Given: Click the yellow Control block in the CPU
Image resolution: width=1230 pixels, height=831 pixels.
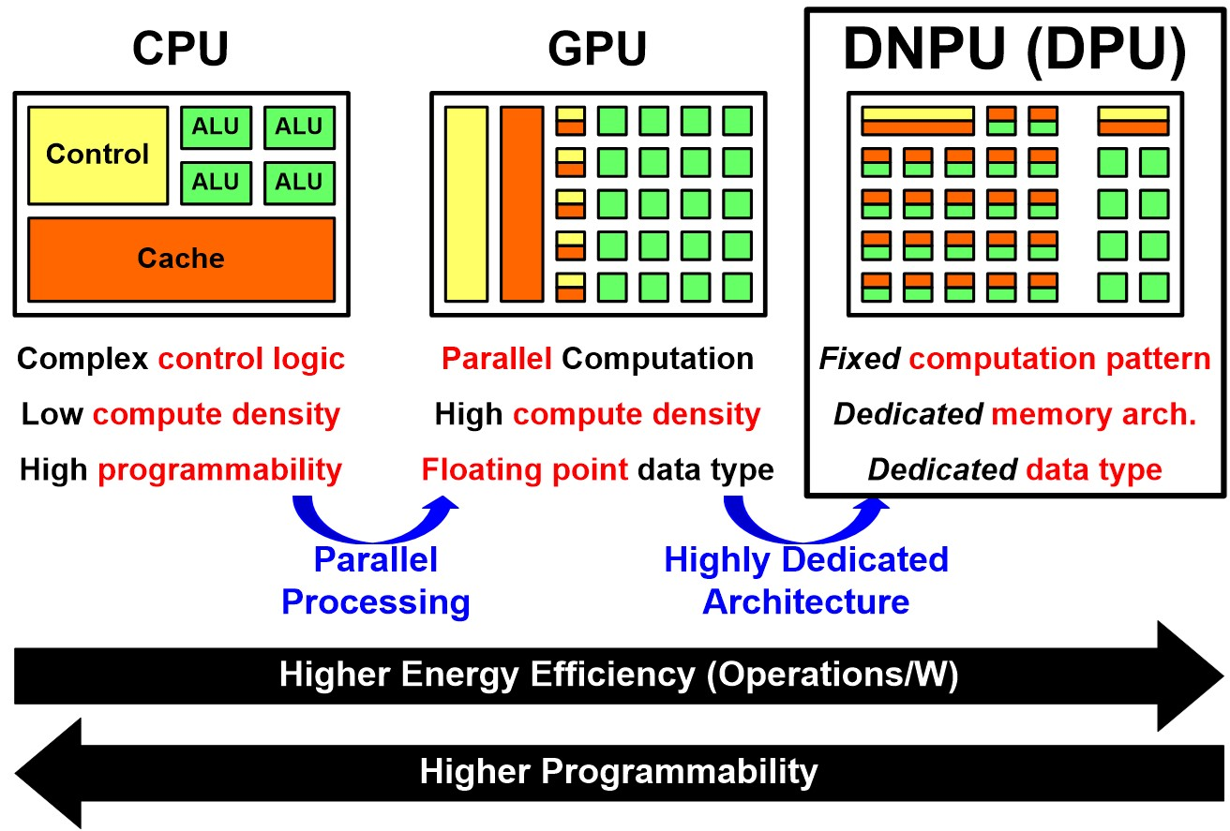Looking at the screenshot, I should click(97, 155).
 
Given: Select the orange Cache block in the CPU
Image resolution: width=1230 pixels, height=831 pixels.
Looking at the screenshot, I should click(181, 259).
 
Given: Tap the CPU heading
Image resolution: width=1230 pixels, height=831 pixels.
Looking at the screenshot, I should click(180, 50).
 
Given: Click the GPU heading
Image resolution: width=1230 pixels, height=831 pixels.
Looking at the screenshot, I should click(597, 50).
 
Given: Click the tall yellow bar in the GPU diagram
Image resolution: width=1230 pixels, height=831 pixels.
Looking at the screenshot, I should click(466, 203).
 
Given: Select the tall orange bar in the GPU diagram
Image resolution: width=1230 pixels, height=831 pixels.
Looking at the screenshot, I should click(521, 203).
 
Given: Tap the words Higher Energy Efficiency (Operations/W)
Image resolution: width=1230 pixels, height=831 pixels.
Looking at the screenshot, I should click(619, 675).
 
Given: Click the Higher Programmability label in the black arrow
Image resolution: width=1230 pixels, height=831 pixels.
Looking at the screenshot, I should click(619, 772).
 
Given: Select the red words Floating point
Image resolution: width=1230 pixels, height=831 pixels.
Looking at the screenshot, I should click(524, 469).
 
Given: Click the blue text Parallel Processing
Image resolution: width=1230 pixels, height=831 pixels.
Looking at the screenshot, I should click(375, 581).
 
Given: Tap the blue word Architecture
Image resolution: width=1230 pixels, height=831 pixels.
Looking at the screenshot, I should click(806, 601).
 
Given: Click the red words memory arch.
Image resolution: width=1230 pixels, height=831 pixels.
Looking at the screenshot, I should click(1093, 414).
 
